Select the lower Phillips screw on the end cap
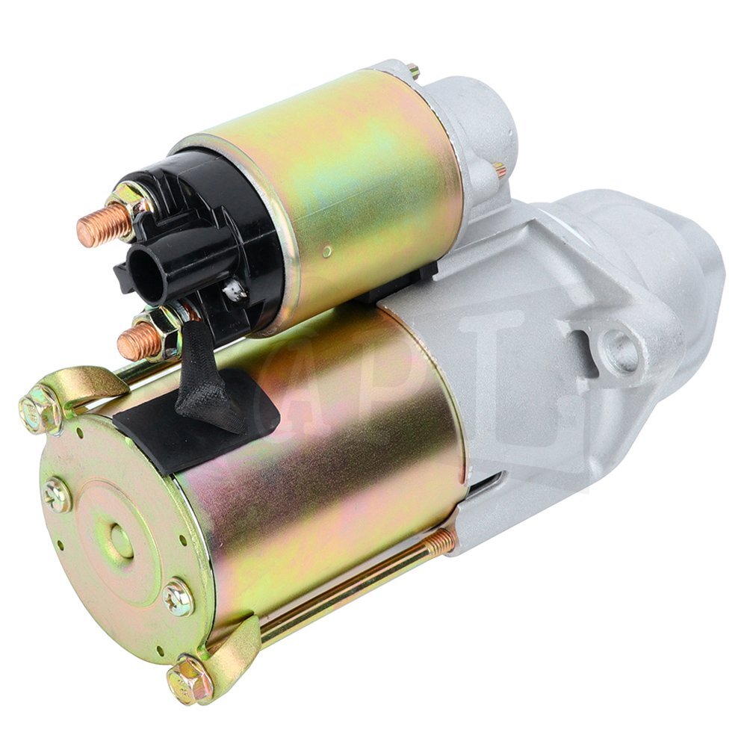(x=179, y=597)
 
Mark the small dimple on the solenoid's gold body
(x=326, y=252)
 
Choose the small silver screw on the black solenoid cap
(x=236, y=291)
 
